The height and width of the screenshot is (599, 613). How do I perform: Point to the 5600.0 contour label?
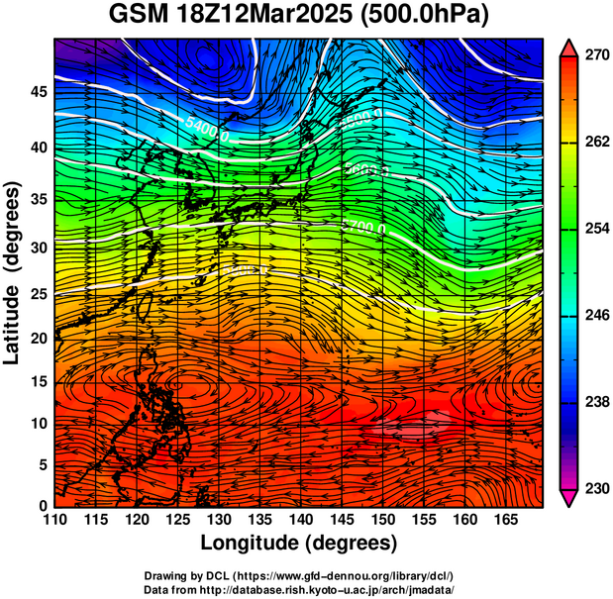[366, 168]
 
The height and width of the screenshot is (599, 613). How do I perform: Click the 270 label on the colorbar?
[594, 55]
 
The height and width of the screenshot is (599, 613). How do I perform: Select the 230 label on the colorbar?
[594, 488]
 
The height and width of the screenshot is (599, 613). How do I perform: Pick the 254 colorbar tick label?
[594, 229]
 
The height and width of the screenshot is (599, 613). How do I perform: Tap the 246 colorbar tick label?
[594, 315]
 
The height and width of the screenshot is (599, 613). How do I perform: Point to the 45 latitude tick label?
[38, 92]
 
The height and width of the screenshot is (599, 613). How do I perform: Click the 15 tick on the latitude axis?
[38, 381]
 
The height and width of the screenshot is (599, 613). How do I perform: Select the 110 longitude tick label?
[54, 521]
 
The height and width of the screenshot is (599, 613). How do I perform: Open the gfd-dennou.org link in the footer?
[340, 575]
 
